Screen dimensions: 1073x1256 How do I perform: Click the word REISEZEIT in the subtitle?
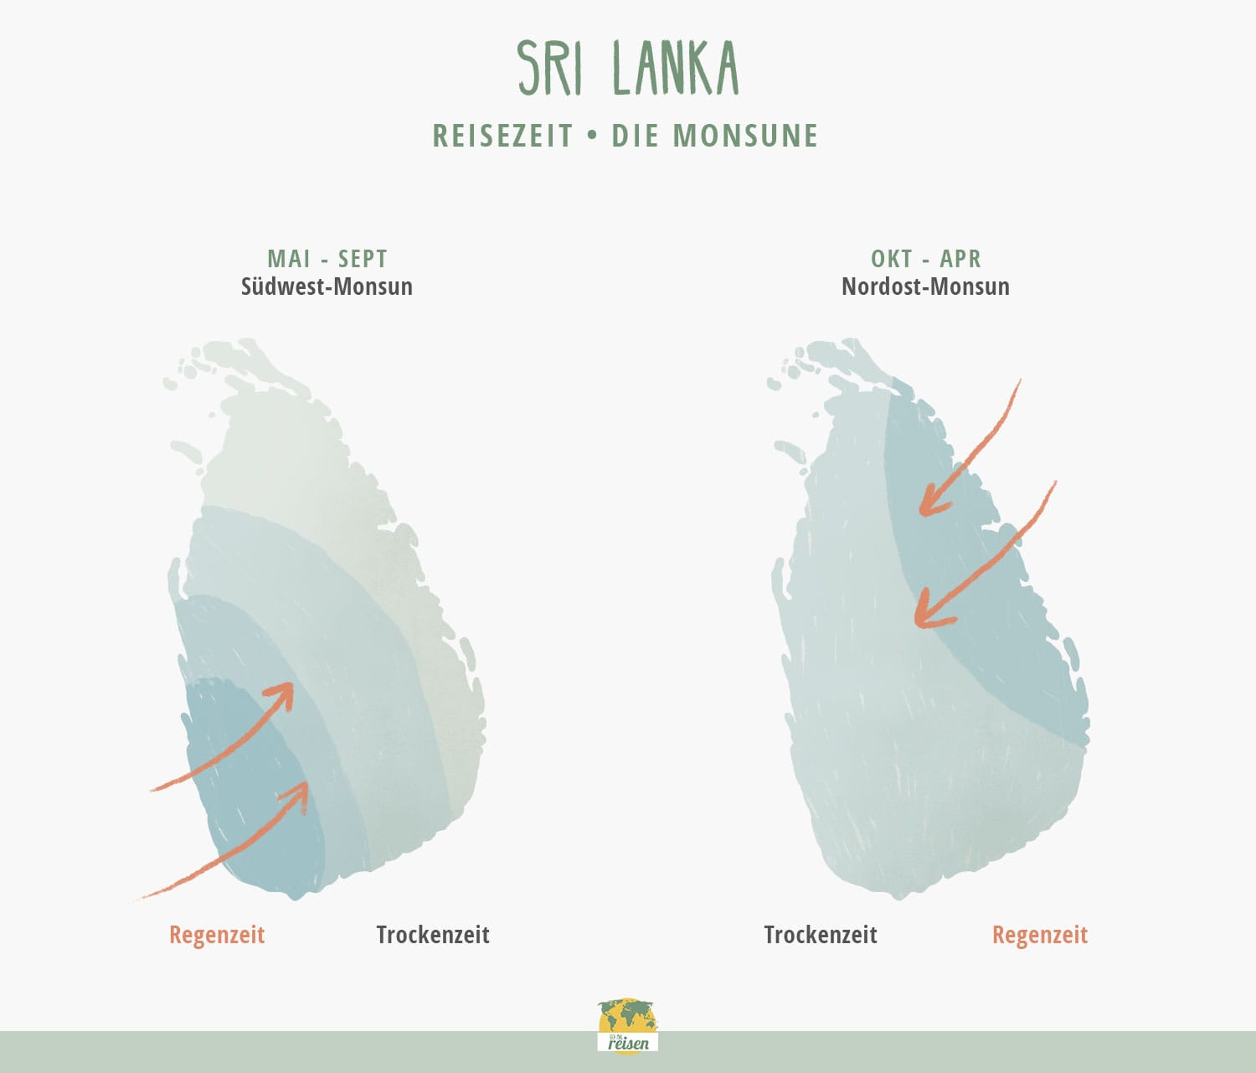(x=503, y=136)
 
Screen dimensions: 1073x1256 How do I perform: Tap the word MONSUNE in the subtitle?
(x=745, y=136)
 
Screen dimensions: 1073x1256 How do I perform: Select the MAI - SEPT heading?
(x=327, y=258)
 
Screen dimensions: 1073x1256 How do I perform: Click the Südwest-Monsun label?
(x=327, y=286)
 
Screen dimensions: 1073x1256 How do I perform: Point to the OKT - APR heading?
(x=925, y=258)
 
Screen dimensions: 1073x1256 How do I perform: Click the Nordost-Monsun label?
(x=925, y=286)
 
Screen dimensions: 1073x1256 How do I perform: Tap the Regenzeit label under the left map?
(x=217, y=935)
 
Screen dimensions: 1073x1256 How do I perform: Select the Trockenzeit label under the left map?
(x=433, y=935)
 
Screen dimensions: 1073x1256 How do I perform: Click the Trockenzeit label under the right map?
(x=821, y=935)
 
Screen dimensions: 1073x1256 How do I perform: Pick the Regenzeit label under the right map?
(x=1040, y=935)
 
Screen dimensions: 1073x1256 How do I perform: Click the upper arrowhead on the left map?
(x=283, y=694)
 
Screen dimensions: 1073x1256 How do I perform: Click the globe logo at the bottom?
(x=628, y=1027)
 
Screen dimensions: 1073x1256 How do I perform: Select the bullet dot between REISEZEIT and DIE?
(x=593, y=136)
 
